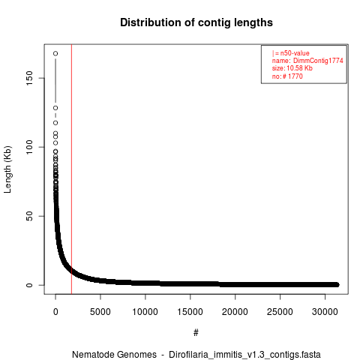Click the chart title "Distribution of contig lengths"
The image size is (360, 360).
196,22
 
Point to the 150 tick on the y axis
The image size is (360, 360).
29,78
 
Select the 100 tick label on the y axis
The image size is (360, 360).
29,147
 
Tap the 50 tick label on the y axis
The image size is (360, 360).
29,216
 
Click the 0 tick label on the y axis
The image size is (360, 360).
29,285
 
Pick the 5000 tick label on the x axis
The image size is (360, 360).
100,312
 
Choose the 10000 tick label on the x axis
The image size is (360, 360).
145,312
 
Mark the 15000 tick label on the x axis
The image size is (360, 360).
190,312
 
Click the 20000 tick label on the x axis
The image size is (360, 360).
235,312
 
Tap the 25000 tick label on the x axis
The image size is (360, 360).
280,312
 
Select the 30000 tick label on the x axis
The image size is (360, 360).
325,312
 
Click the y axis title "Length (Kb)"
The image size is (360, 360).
7,169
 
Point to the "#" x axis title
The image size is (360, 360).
196,333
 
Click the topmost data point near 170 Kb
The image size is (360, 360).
55,53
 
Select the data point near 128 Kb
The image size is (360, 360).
55,108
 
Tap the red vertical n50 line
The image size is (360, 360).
71,169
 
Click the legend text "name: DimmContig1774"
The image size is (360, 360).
307,61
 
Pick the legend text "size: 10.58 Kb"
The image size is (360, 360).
292,68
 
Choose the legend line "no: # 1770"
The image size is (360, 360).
287,76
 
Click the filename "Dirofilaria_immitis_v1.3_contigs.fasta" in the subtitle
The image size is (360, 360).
244,355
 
